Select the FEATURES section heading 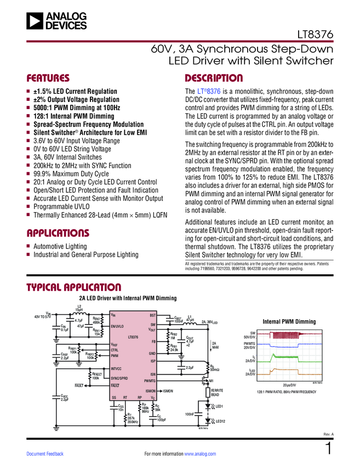coord(48,78)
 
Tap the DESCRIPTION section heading coord(214,78)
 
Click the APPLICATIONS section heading coord(58,232)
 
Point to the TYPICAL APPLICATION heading coord(73,287)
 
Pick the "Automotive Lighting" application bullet coord(60,247)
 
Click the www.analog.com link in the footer coord(201,454)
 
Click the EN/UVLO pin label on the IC coord(117,326)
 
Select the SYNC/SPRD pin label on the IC coord(119,378)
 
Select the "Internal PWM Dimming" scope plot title coord(289,321)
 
